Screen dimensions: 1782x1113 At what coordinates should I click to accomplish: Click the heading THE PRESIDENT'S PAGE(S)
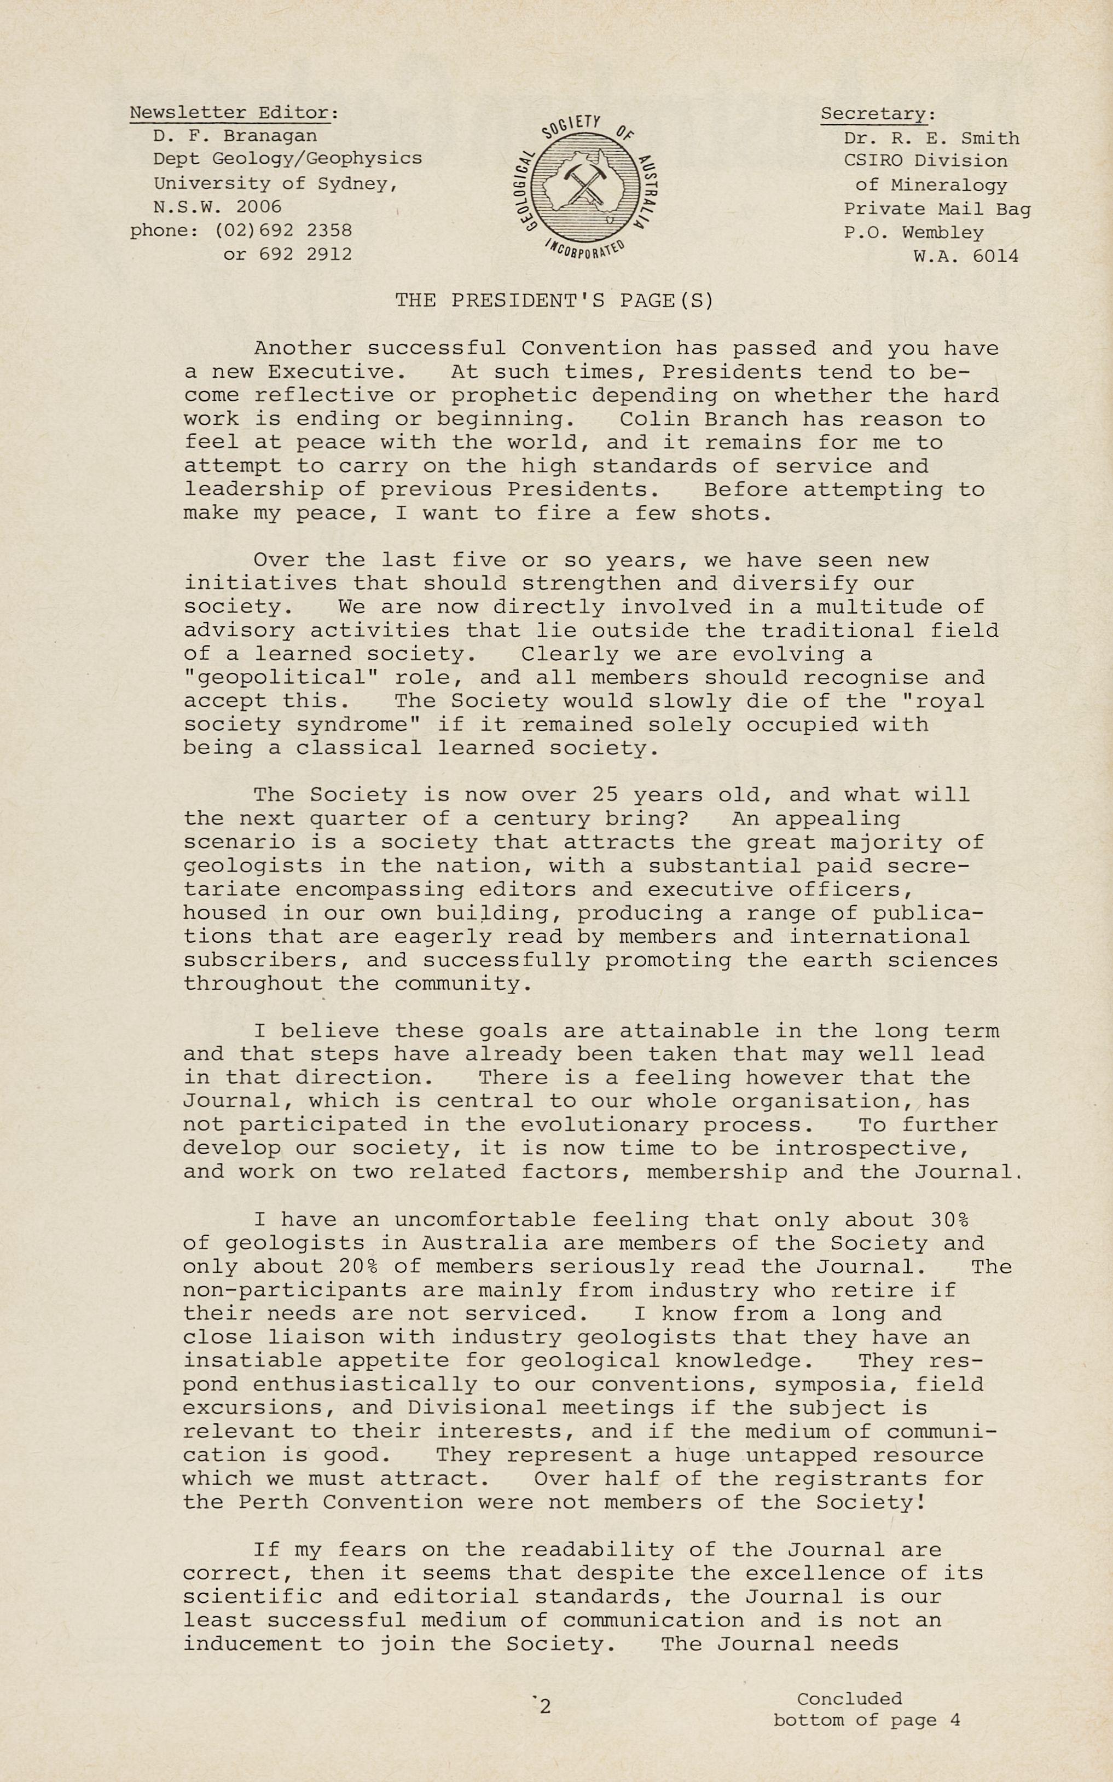click(554, 301)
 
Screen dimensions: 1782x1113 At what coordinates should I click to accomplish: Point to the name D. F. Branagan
click(235, 136)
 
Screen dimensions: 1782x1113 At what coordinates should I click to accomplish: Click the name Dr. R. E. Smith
click(931, 138)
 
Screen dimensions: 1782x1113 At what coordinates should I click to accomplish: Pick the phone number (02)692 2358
click(283, 230)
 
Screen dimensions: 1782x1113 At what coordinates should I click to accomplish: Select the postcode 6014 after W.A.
click(996, 256)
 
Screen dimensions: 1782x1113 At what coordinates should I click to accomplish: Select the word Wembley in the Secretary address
click(942, 233)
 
